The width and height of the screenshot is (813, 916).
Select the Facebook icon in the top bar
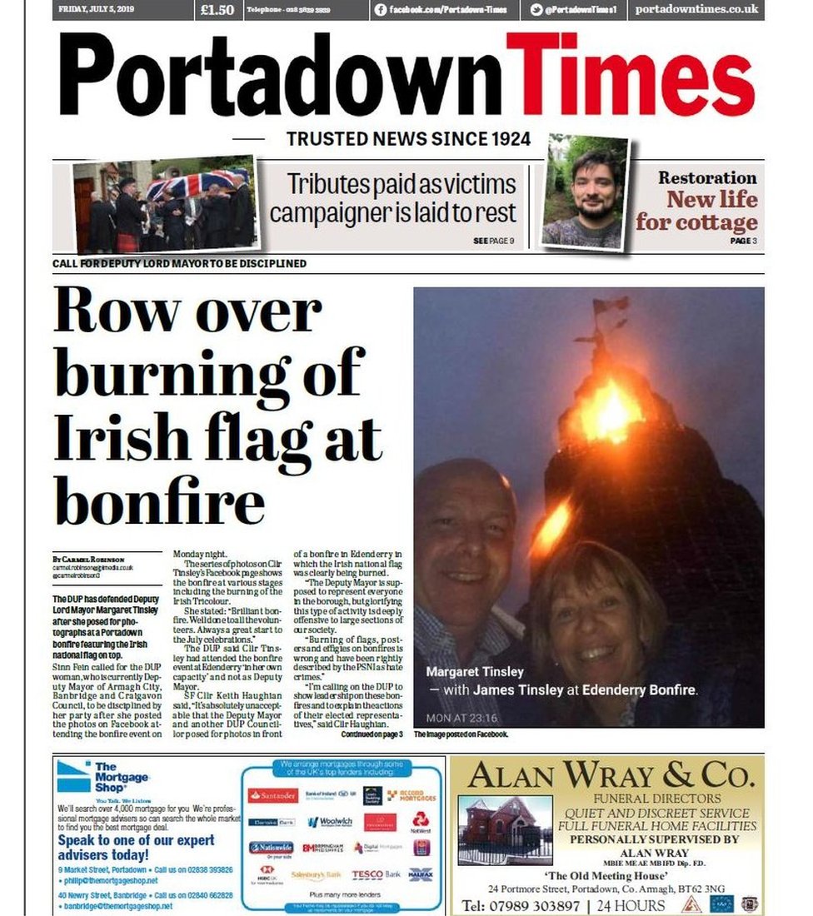[x=381, y=10]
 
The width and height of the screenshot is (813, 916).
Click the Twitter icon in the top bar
[x=536, y=10]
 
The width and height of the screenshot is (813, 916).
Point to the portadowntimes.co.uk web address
[x=696, y=10]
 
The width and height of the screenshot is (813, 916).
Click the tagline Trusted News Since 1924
[x=408, y=139]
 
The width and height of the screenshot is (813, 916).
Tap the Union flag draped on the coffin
[x=195, y=183]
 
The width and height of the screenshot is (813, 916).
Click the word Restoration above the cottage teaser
[x=707, y=177]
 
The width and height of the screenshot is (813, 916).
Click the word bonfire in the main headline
[x=159, y=502]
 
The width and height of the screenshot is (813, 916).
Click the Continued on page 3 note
[x=372, y=734]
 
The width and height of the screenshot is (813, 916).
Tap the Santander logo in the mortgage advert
[x=273, y=795]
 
